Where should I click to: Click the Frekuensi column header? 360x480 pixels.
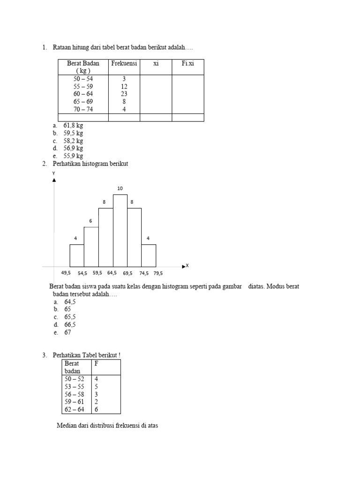(x=124, y=64)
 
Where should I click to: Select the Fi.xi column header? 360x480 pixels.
(x=187, y=64)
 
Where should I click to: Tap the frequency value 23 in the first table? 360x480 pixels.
(x=124, y=94)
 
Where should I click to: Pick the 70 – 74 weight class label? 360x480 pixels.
(x=83, y=109)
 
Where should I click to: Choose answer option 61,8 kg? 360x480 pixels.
(x=73, y=126)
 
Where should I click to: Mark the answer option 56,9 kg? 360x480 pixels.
(x=73, y=149)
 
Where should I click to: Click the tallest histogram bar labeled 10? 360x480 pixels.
(x=120, y=230)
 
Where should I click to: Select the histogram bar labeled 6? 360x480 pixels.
(x=91, y=246)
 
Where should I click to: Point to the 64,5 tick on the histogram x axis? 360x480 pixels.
(x=112, y=273)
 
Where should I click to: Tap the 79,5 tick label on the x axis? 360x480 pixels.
(x=157, y=273)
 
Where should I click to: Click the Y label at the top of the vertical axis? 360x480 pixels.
(x=54, y=173)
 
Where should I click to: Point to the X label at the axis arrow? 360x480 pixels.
(x=187, y=266)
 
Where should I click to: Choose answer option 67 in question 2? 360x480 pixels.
(x=67, y=332)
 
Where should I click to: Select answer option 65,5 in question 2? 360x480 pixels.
(x=70, y=317)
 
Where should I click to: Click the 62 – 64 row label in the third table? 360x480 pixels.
(x=75, y=409)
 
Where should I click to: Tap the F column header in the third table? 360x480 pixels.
(x=97, y=364)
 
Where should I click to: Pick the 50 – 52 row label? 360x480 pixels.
(x=75, y=379)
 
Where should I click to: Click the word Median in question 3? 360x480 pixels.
(x=66, y=426)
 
